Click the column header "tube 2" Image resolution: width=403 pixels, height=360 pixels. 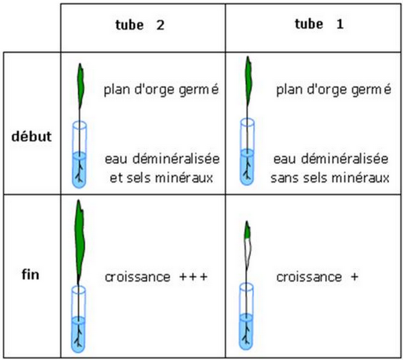coord(140,25)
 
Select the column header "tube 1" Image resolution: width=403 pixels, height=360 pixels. coord(319,24)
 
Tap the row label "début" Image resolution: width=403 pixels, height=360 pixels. coord(32,136)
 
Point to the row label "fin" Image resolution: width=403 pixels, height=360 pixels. coord(31,275)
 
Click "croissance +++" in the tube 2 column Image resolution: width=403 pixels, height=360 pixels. coord(156,277)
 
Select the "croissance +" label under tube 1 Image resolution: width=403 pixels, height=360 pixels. coord(317,277)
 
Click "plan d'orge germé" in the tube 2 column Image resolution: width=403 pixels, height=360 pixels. coord(161,89)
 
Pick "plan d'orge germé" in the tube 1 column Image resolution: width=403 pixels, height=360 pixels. coord(334,89)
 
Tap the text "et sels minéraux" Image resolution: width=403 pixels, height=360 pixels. coord(161,178)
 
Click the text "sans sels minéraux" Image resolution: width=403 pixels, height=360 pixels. coord(330,178)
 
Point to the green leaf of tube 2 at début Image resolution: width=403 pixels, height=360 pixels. coord(81,86)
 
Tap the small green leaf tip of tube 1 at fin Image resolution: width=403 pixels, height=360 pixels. coord(247,230)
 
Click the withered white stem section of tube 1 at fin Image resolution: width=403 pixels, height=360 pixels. coord(248,253)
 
